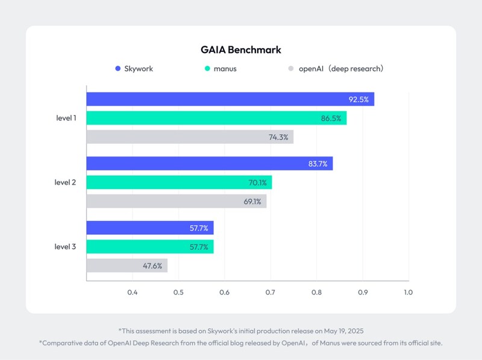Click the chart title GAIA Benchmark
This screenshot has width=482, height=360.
point(241,49)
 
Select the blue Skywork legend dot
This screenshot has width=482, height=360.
point(117,69)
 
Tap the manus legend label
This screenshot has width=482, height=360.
point(225,69)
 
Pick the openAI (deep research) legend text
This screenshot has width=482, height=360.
point(341,69)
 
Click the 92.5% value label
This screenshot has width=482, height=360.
point(359,99)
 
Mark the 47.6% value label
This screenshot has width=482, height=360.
point(152,265)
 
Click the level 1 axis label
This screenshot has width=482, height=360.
point(66,118)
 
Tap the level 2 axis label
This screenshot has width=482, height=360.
point(66,182)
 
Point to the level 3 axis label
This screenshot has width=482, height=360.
point(66,247)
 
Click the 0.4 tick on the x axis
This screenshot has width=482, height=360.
point(133,293)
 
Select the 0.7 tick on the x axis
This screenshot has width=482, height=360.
point(271,293)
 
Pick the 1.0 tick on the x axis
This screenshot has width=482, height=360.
point(408,293)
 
